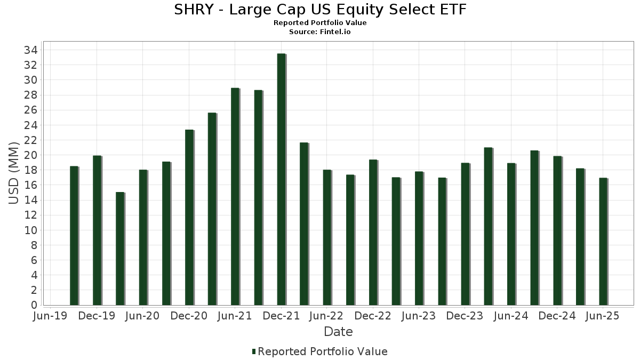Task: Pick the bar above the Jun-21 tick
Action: click(235, 197)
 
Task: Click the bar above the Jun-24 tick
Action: click(511, 234)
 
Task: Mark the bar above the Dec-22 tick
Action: click(373, 233)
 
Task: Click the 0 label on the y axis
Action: click(33, 305)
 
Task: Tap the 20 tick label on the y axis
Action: click(30, 155)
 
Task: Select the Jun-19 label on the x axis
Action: click(50, 316)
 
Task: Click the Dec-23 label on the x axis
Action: click(465, 316)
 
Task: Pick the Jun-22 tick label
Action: click(326, 316)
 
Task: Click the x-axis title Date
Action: click(338, 332)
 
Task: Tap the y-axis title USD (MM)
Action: click(14, 173)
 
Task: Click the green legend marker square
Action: click(254, 351)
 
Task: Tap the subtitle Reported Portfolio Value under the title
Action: click(320, 23)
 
